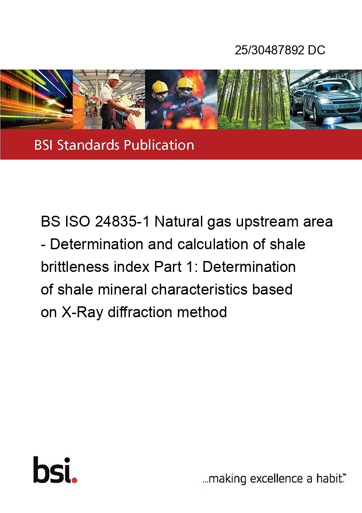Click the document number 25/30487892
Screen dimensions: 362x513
click(270, 50)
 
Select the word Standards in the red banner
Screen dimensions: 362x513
click(88, 145)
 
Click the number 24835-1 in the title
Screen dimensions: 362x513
click(122, 222)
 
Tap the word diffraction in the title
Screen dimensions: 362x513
click(140, 312)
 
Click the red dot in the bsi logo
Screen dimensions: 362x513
click(74, 480)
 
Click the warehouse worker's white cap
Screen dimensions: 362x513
click(114, 77)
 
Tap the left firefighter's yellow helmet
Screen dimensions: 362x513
click(160, 87)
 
